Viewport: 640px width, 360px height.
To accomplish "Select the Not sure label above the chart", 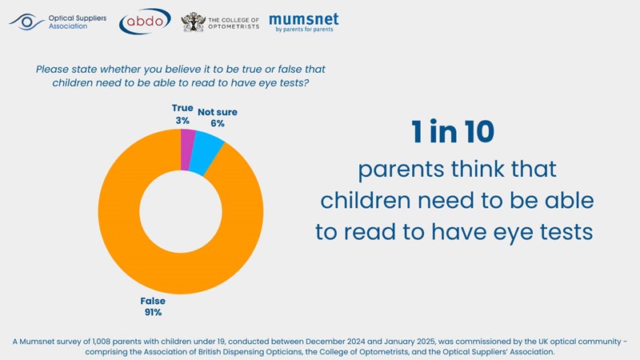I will click(x=218, y=112).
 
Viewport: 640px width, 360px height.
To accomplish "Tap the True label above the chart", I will click(x=182, y=107).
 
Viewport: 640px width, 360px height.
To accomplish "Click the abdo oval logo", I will click(x=144, y=22).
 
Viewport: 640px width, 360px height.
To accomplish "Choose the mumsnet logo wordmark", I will click(x=303, y=18).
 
